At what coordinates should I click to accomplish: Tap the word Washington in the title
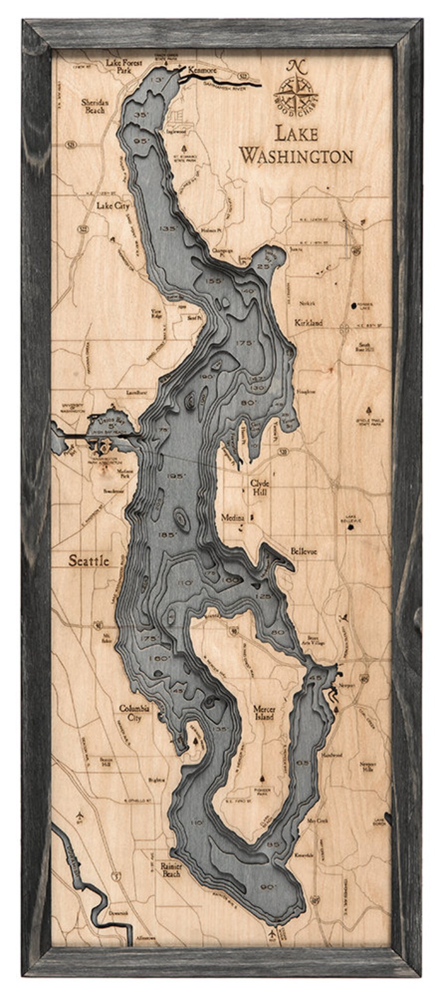pyautogui.click(x=296, y=156)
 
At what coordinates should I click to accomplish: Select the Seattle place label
pyautogui.click(x=89, y=561)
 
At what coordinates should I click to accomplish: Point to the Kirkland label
pyautogui.click(x=309, y=323)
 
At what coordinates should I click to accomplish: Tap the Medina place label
pyautogui.click(x=232, y=518)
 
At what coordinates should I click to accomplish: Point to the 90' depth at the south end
pyautogui.click(x=268, y=876)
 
